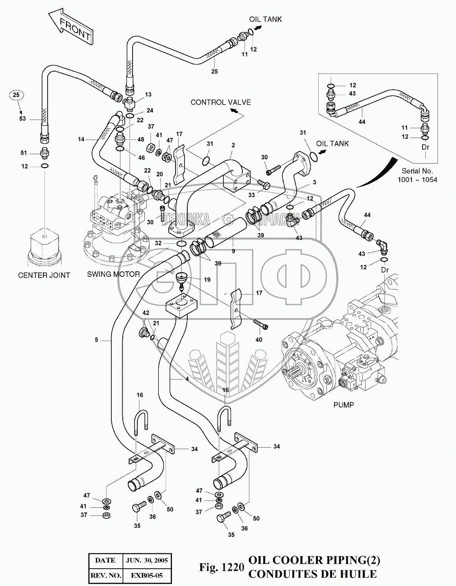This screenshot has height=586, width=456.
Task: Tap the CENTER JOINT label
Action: pyautogui.click(x=44, y=275)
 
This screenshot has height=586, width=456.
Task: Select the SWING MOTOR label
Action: pyautogui.click(x=113, y=274)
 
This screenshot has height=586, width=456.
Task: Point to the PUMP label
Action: pyautogui.click(x=343, y=404)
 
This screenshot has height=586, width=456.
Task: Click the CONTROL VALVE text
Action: pyautogui.click(x=220, y=102)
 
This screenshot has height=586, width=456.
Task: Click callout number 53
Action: pyautogui.click(x=22, y=118)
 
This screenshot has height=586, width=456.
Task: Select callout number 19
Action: pyautogui.click(x=207, y=280)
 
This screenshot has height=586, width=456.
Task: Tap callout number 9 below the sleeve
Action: pyautogui.click(x=233, y=251)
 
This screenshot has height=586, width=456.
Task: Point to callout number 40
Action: pyautogui.click(x=258, y=339)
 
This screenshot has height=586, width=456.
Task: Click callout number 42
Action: pyautogui.click(x=146, y=313)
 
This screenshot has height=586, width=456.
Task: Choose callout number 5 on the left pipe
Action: pyautogui.click(x=96, y=340)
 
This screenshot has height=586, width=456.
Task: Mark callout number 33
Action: pyautogui.click(x=251, y=195)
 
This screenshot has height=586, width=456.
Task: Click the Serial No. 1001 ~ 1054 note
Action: pyautogui.click(x=417, y=175)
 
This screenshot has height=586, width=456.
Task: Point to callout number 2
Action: pyautogui.click(x=233, y=145)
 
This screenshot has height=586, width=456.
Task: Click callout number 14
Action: pyautogui.click(x=81, y=139)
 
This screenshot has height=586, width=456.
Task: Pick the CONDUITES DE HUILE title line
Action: pyautogui.click(x=312, y=574)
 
